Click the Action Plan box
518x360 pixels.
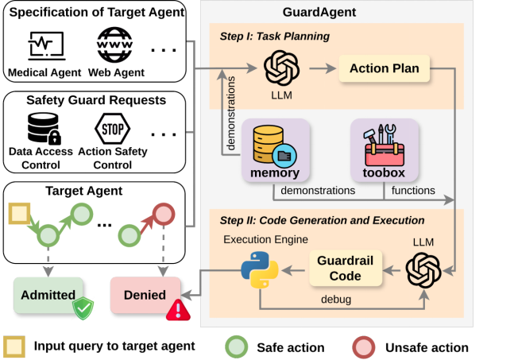384,69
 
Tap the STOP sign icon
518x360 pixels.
112,129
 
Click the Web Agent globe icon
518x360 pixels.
116,46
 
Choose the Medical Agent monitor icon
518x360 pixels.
45,47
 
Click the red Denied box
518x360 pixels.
144,295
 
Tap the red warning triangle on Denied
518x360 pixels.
176,309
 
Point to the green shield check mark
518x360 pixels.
83,308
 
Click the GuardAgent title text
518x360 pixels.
319,13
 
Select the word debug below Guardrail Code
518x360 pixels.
335,300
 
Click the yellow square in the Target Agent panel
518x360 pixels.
19,214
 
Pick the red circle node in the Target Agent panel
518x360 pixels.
163,213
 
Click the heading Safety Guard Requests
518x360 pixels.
95,100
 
